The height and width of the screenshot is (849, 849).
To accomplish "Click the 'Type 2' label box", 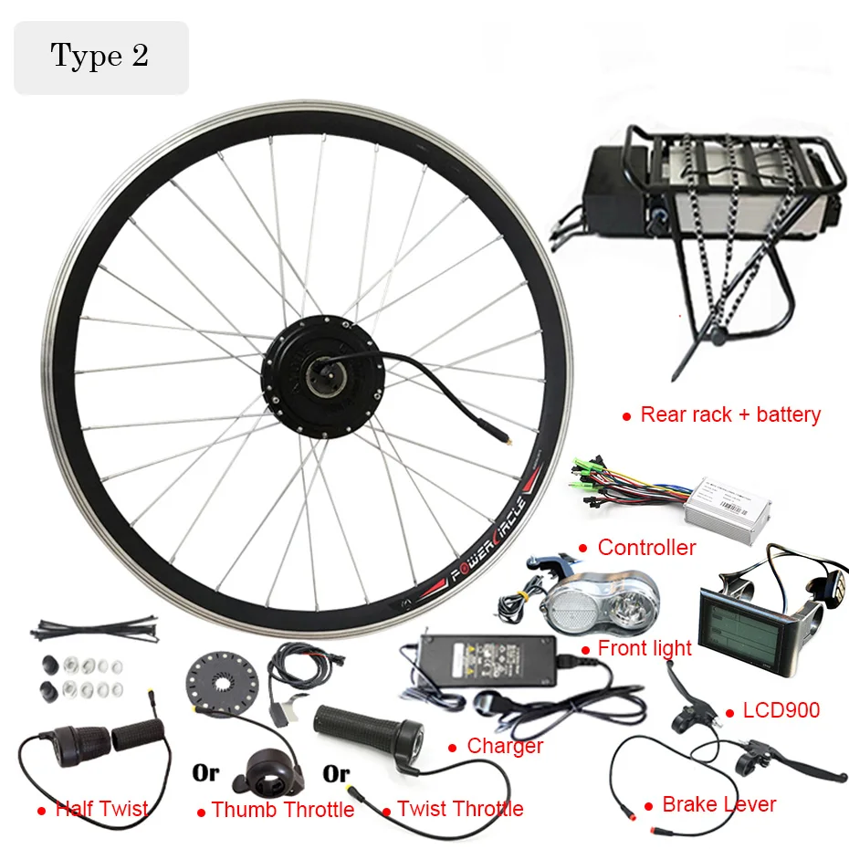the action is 100,57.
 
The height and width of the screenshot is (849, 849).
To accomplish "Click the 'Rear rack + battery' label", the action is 730,415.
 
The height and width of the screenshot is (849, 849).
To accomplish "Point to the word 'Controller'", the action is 646,548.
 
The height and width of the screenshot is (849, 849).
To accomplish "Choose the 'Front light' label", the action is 645,649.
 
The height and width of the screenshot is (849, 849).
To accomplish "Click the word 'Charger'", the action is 505,746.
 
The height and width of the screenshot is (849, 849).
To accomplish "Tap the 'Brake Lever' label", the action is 718,804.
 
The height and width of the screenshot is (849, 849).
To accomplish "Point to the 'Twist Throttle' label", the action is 460,809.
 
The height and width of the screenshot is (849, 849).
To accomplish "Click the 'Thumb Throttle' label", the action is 282,810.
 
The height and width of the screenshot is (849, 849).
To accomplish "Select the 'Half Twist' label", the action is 101,809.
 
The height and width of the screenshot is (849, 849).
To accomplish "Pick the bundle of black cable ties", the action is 86,629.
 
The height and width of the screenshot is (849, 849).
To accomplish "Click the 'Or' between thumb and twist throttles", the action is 336,774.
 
